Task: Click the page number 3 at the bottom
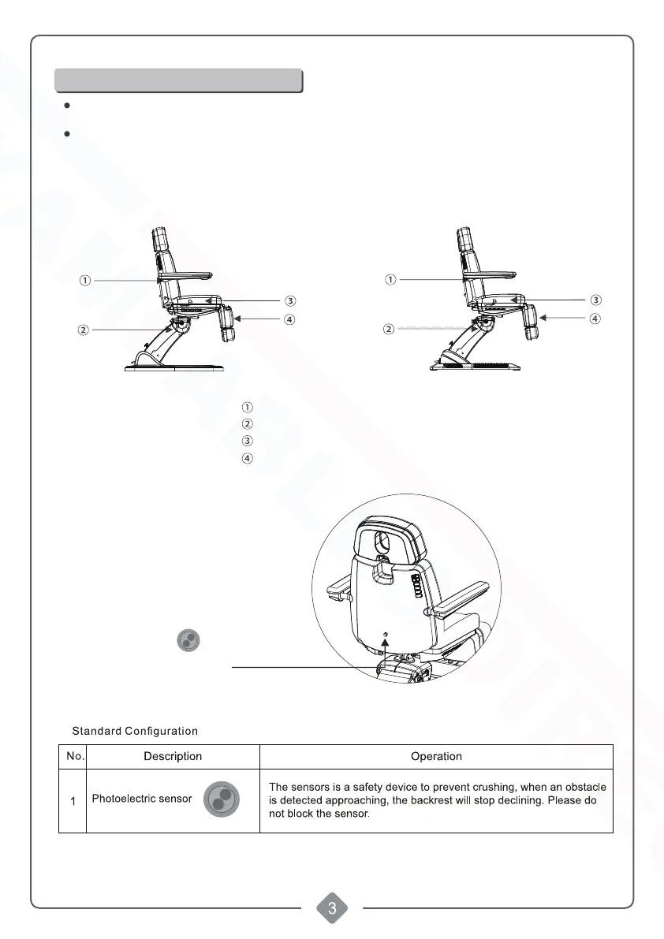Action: click(332, 908)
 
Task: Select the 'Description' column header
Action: click(173, 756)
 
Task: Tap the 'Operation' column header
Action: click(436, 756)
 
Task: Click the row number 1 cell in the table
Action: click(73, 801)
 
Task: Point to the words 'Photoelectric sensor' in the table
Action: click(142, 799)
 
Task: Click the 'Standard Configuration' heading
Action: click(135, 731)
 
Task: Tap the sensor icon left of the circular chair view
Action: click(187, 640)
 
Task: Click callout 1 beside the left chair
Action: click(84, 279)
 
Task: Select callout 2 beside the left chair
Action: click(83, 330)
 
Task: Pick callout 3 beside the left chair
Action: click(290, 300)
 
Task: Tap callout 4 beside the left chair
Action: click(290, 319)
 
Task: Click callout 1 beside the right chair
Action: click(390, 279)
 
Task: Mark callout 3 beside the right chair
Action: click(596, 300)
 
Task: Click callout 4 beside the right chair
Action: click(596, 319)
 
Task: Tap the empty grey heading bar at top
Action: click(178, 80)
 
